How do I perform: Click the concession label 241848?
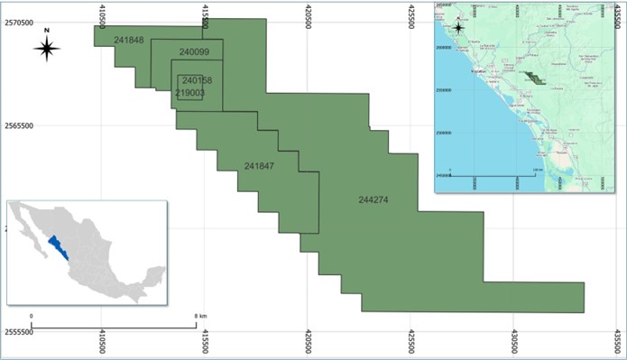129,40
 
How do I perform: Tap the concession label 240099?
194,52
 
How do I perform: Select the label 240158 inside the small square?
197,80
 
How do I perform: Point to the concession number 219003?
189,92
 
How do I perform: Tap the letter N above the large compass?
47,30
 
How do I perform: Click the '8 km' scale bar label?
201,316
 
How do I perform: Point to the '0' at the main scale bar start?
32,316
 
